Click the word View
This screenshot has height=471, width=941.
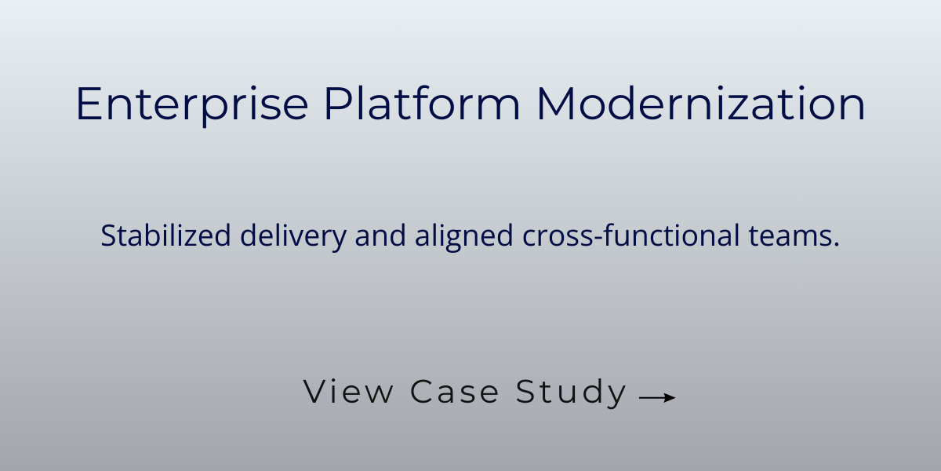tap(348, 391)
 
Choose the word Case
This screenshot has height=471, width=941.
tap(455, 391)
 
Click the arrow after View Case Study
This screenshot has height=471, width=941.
tap(657, 398)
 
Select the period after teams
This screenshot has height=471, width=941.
tap(836, 245)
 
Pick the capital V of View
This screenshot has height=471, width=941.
tap(314, 391)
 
